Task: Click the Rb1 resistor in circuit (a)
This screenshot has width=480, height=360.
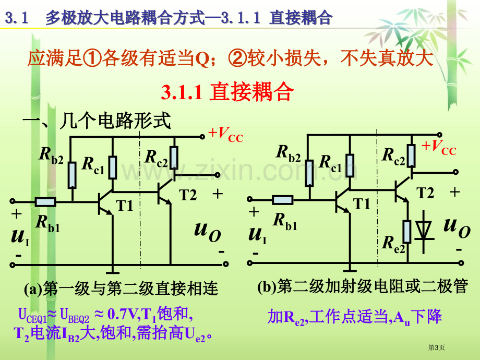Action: [45, 202]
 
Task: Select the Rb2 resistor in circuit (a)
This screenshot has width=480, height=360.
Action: [72, 175]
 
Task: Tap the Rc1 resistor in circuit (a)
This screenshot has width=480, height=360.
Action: [113, 167]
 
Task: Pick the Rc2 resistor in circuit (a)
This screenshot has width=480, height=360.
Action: [174, 158]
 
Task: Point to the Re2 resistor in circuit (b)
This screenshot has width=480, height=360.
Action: [407, 232]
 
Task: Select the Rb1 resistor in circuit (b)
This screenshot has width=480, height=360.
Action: [283, 200]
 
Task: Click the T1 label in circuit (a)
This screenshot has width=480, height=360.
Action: [125, 206]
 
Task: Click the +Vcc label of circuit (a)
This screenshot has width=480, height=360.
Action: [225, 135]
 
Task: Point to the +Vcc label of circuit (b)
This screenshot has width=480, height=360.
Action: [439, 148]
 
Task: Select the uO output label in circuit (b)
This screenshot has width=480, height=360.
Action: [457, 227]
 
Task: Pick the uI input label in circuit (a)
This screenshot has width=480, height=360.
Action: [20, 236]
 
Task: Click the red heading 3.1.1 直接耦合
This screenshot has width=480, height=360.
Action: [227, 91]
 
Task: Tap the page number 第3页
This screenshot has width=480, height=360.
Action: [436, 347]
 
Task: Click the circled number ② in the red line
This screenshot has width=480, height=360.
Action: [237, 58]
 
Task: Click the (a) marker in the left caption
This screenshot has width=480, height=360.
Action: [33, 289]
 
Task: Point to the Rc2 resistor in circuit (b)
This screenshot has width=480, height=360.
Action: [411, 155]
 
